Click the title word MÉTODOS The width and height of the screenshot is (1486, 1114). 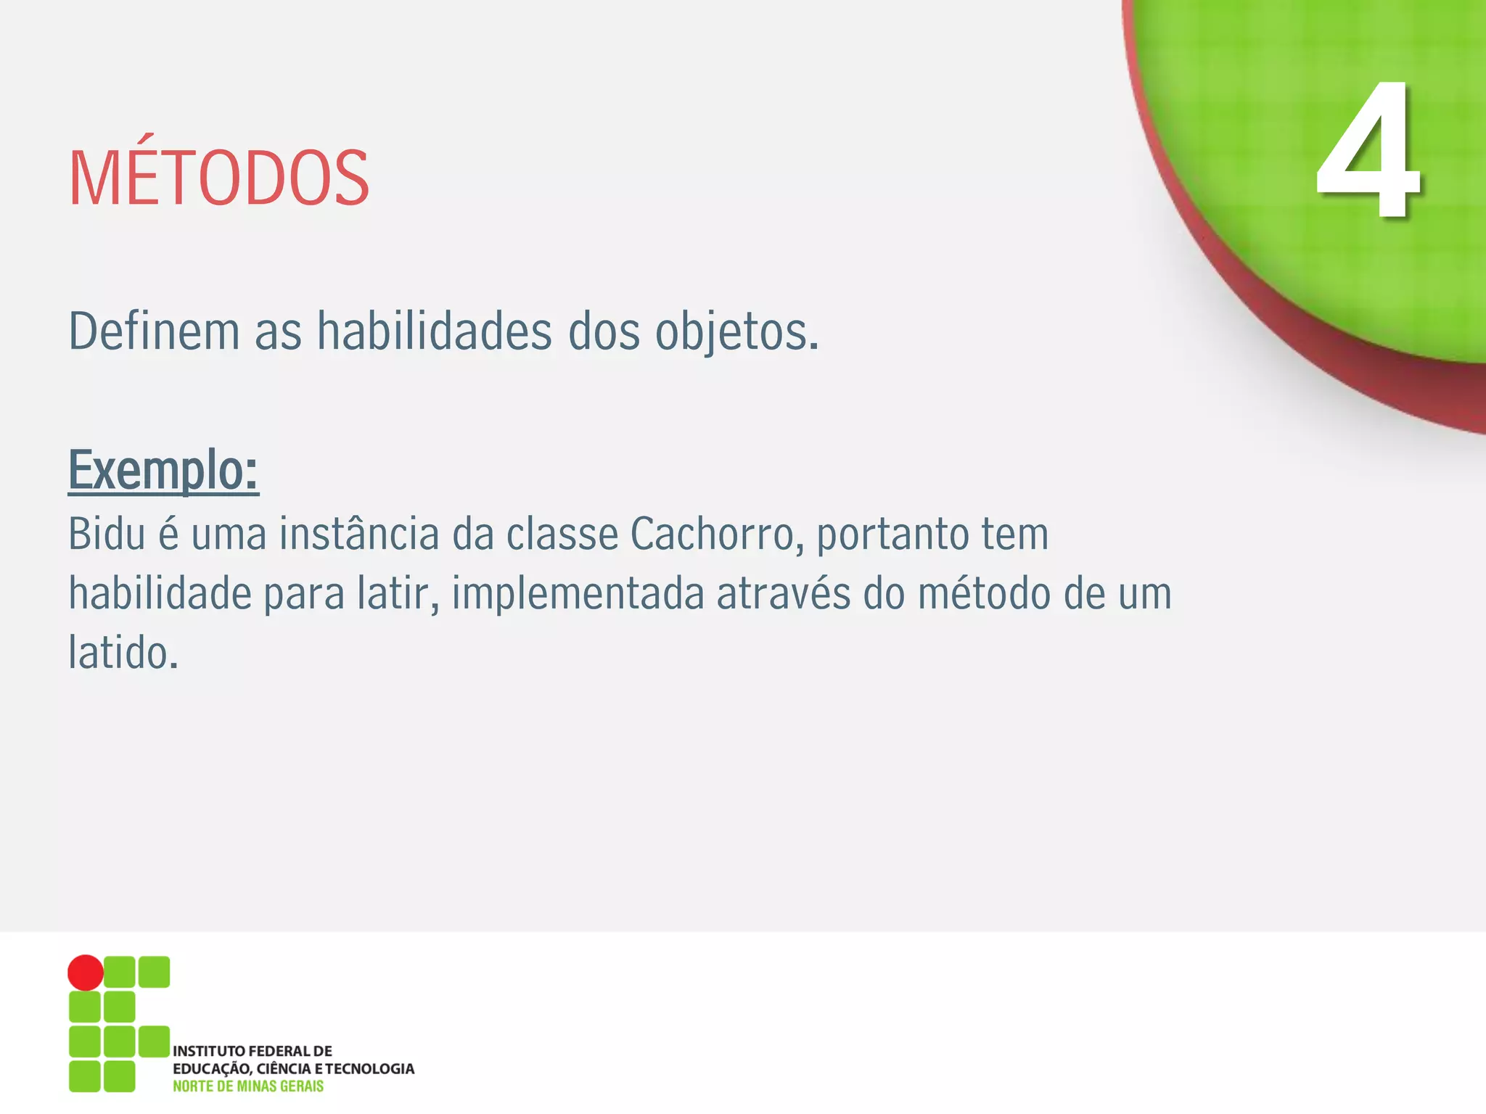(x=218, y=178)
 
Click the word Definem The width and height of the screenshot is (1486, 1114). (x=154, y=331)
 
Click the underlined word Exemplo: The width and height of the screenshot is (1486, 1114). (x=163, y=471)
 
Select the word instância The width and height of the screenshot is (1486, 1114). (x=359, y=535)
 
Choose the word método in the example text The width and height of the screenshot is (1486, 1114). (x=984, y=594)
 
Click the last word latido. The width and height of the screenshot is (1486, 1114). (x=123, y=653)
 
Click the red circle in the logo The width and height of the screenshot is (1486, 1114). (x=86, y=973)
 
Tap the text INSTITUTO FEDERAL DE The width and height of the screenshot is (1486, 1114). (x=252, y=1051)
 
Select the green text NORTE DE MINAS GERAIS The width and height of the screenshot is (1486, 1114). (x=248, y=1086)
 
